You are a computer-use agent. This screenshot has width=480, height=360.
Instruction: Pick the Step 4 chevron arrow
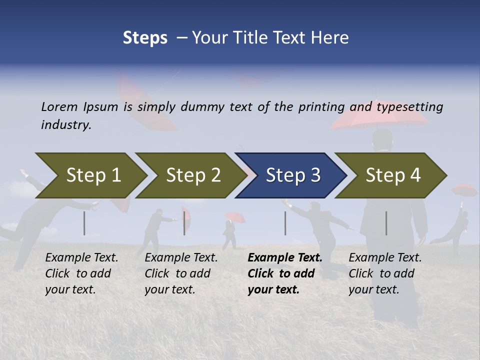tap(392, 175)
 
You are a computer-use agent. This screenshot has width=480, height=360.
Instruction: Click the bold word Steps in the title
tap(145, 38)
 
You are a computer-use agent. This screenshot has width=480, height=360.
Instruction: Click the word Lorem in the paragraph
tap(59, 106)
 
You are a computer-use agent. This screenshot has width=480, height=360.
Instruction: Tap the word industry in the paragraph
tap(66, 125)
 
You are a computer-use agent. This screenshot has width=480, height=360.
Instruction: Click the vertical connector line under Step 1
tap(84, 223)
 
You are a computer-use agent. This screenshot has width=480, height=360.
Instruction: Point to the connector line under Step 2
tap(184, 223)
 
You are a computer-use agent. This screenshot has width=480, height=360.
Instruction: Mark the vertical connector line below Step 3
tap(285, 223)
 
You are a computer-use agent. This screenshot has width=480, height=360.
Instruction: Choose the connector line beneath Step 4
tap(386, 223)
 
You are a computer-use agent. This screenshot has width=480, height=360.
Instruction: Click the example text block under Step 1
tap(81, 273)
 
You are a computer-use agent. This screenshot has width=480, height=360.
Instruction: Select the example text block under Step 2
tap(181, 273)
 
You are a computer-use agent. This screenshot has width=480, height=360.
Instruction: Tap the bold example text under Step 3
tap(285, 273)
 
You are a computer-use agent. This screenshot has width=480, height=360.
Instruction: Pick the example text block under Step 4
tap(385, 273)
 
